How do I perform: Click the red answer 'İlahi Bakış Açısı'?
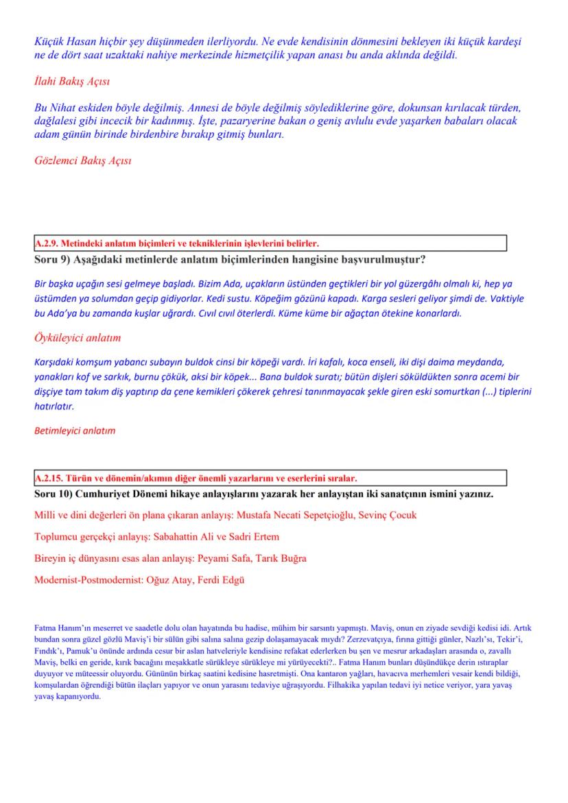point(71,82)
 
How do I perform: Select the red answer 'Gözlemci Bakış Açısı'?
point(82,161)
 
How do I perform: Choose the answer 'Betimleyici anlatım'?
point(75,431)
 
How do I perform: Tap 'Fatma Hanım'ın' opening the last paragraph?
point(58,627)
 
